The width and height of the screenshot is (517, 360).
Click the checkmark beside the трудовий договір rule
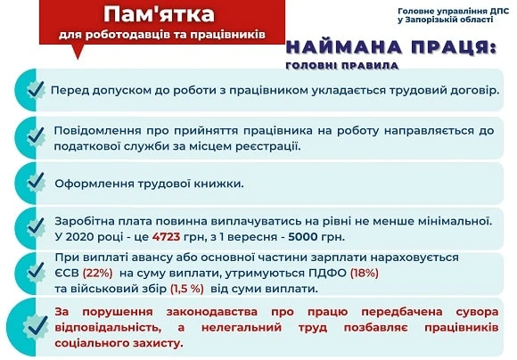[35, 91]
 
